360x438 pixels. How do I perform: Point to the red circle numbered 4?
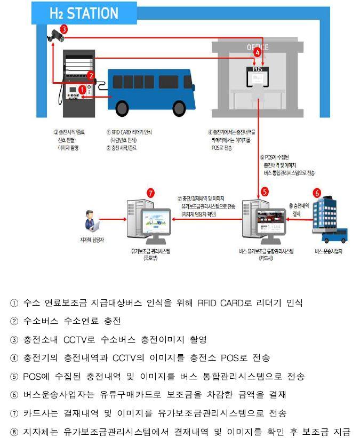pos(258,52)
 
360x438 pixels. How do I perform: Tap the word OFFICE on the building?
pos(258,47)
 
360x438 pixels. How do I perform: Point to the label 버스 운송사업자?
pos(329,250)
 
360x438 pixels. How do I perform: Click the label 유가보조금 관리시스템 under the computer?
pos(150,250)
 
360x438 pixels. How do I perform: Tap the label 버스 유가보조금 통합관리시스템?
pos(267,250)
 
